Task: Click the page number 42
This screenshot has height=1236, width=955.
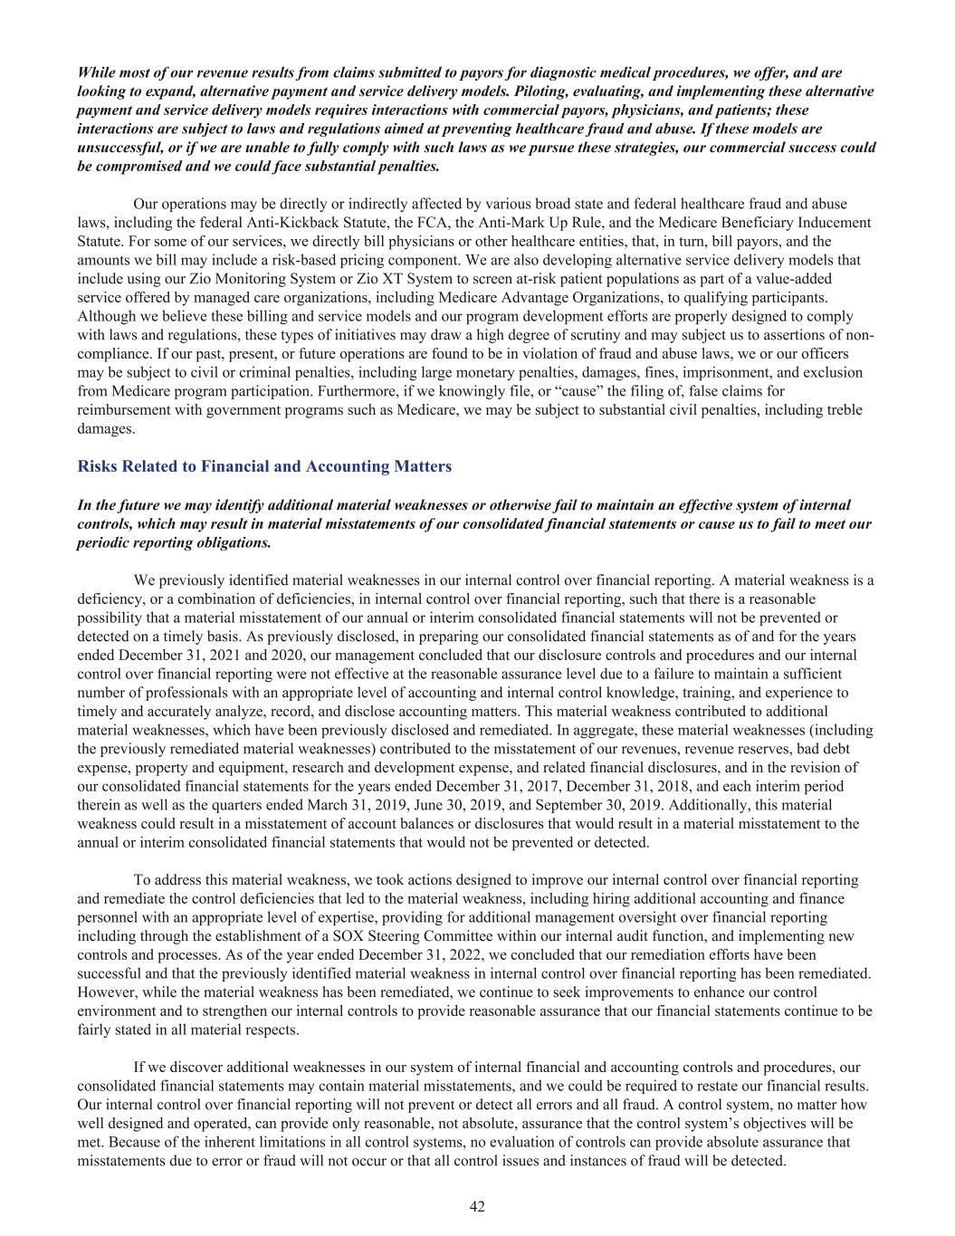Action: [477, 1206]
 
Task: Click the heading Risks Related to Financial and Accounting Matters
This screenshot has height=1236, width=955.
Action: [264, 466]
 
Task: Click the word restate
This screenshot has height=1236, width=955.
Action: [750, 1085]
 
